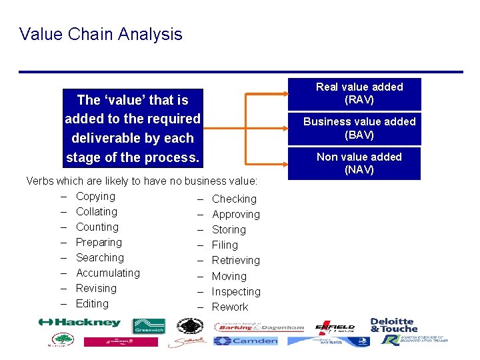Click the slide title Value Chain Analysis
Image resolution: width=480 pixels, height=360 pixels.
point(101,34)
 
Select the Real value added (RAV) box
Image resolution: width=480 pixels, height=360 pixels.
point(359,93)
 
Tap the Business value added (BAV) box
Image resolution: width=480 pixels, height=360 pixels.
point(359,128)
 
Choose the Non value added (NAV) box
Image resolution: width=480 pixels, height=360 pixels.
point(359,163)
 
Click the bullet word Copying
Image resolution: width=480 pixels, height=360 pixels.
point(95,197)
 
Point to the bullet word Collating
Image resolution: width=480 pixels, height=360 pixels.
point(96,212)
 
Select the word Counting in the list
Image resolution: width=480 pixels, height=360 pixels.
point(97,227)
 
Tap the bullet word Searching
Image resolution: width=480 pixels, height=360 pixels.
point(99,258)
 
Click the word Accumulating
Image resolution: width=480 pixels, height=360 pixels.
point(107,273)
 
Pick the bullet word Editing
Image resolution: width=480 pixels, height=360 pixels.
point(92,304)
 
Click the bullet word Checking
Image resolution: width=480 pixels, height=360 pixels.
point(234,199)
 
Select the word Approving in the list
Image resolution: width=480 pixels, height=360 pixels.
point(235,215)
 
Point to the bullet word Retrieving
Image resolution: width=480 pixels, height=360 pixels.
point(235,261)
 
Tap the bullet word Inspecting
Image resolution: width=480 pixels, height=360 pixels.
point(236,292)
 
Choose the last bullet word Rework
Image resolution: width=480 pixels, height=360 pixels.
point(229,307)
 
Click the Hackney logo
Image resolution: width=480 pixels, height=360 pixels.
point(79,323)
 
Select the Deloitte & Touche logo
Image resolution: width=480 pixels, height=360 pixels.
point(393,325)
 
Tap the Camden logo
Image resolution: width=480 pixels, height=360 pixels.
point(245,341)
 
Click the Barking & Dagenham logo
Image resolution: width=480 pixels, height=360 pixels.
point(259,327)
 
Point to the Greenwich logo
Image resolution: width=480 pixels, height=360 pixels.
point(149,326)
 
